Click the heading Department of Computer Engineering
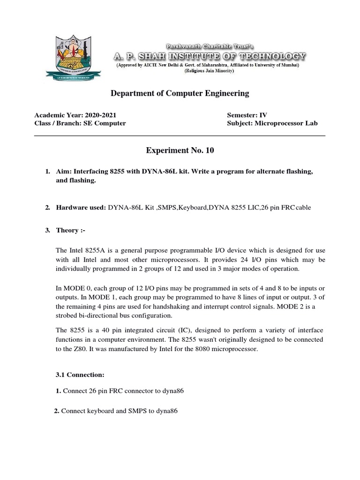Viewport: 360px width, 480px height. (x=180, y=94)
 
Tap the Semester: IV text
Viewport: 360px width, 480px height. (x=247, y=115)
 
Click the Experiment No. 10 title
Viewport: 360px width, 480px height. (x=180, y=150)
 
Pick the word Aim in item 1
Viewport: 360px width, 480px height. (x=62, y=172)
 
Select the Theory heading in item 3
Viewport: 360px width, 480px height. (x=70, y=231)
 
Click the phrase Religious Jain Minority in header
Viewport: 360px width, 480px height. (x=209, y=71)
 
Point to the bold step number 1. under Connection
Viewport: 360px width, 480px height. (x=58, y=391)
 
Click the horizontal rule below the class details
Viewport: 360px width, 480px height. (x=180, y=136)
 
